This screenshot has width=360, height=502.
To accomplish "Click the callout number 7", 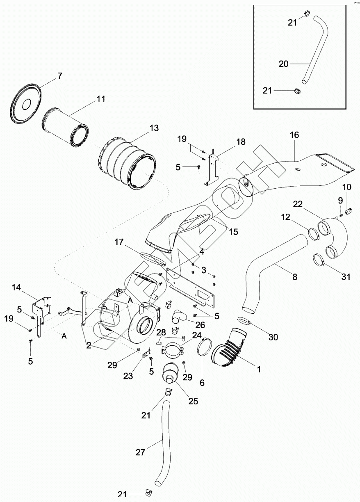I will pyautogui.click(x=60, y=75).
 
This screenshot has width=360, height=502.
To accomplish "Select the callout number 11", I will pyautogui.click(x=101, y=99).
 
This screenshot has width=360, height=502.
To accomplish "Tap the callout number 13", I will pyautogui.click(x=153, y=128).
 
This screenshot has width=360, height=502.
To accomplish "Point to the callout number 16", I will pyautogui.click(x=294, y=135).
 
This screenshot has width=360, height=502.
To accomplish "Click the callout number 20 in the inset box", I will pyautogui.click(x=284, y=64).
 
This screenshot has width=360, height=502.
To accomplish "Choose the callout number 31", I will pyautogui.click(x=346, y=277).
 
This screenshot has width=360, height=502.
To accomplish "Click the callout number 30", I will pyautogui.click(x=273, y=337).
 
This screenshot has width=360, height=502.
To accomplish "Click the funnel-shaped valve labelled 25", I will pyautogui.click(x=169, y=374).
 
